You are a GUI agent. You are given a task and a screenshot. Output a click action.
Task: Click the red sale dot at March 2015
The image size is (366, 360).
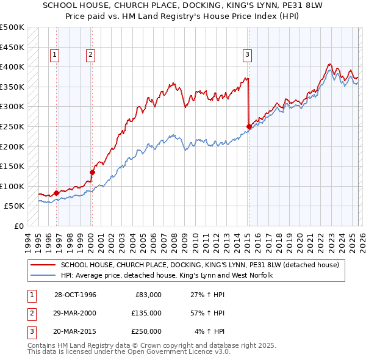[x=249, y=126]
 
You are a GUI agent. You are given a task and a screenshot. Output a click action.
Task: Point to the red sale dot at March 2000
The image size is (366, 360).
[x=92, y=172]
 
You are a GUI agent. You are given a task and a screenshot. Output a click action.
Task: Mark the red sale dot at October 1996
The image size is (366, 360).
[x=56, y=193]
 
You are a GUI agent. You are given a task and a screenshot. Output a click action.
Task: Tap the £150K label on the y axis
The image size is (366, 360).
[x=12, y=166]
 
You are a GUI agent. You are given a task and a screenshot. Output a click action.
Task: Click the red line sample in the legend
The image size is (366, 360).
[x=43, y=265]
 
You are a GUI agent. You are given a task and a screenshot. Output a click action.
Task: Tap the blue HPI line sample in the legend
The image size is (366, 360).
[x=43, y=275]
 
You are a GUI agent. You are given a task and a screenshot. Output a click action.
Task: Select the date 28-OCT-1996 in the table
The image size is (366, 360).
[x=75, y=295]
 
